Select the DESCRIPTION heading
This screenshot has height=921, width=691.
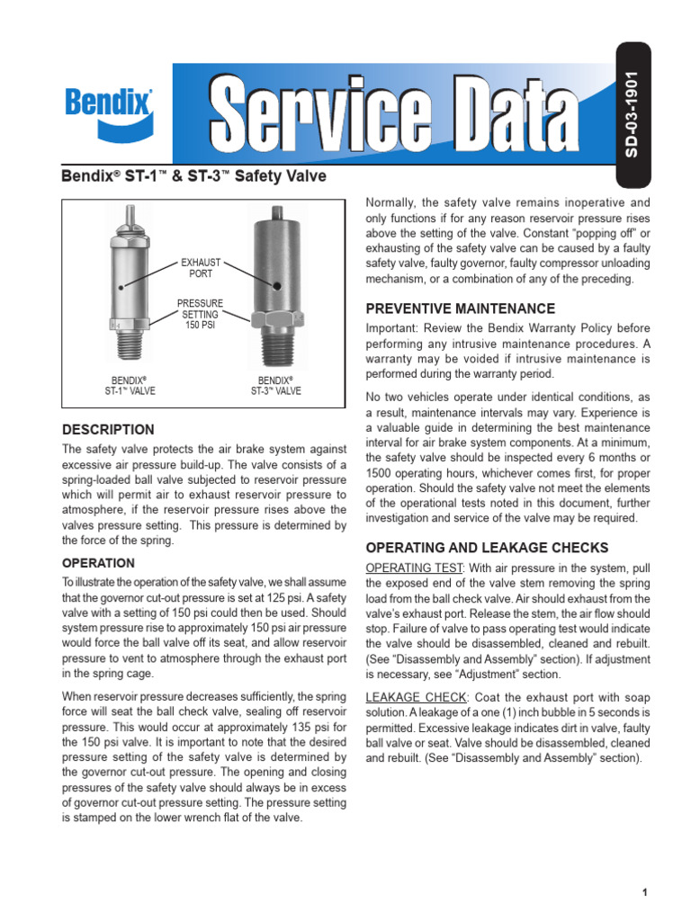108,430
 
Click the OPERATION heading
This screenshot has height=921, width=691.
98,563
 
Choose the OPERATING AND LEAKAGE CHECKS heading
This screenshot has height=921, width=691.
487,548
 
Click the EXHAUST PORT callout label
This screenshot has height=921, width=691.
202,268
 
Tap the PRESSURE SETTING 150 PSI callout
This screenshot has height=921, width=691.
201,315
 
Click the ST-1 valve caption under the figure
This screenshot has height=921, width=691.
130,386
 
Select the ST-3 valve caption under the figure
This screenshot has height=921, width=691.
276,386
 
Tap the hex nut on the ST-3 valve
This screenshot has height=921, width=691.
276,321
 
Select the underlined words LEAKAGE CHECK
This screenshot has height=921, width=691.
415,697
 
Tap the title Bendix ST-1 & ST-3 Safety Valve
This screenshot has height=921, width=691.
193,176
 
